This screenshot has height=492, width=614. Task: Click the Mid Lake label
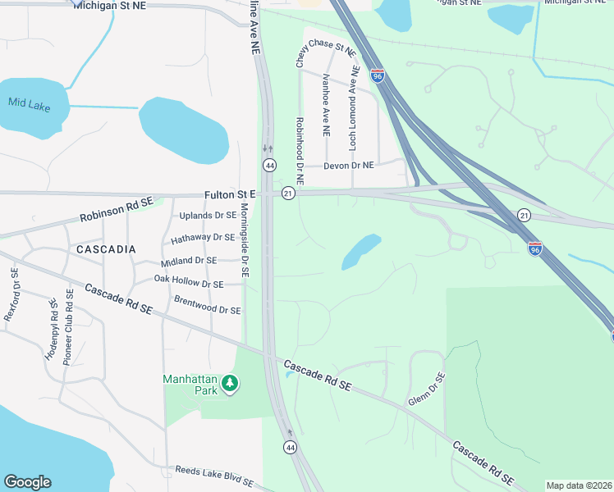click(28, 102)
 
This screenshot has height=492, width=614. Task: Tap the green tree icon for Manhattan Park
click(231, 382)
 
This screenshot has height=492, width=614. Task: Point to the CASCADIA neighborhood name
click(106, 248)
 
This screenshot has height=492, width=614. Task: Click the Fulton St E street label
click(231, 194)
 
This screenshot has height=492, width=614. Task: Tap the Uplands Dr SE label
click(208, 216)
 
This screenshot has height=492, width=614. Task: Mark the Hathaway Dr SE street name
click(203, 238)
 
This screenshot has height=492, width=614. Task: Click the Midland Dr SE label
click(189, 260)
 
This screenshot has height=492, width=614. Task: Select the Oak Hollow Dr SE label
click(189, 281)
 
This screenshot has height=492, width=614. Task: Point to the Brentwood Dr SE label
click(208, 305)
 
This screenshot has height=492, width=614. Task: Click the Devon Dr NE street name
click(349, 166)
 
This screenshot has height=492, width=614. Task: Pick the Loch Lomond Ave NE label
click(353, 112)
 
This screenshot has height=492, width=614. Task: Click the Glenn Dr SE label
click(427, 389)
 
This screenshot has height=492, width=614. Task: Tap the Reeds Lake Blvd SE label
click(216, 473)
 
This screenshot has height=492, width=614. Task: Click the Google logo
click(28, 482)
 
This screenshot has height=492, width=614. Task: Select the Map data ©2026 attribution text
click(578, 485)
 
